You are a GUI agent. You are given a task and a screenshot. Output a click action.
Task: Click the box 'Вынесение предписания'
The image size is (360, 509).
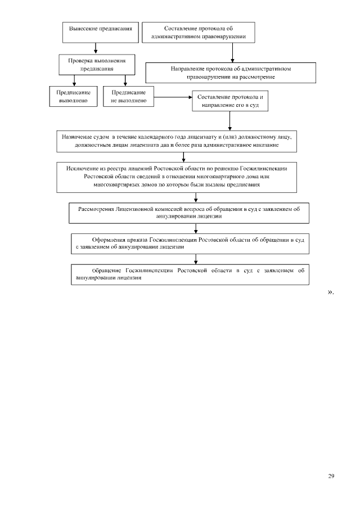click(x=101, y=31)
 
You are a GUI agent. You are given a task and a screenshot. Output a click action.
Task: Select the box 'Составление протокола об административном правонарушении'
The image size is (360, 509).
click(x=199, y=32)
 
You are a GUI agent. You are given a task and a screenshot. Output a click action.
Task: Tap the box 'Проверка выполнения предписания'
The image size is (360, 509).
click(x=97, y=64)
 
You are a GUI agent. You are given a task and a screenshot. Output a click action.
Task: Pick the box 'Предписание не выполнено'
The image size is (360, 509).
click(x=129, y=96)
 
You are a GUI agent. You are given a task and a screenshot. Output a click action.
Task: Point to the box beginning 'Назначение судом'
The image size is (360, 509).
click(x=176, y=141)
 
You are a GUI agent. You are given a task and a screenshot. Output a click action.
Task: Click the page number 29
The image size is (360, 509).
click(x=331, y=476)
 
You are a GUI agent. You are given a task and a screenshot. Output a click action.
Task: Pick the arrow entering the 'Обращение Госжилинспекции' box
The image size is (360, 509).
click(x=195, y=259)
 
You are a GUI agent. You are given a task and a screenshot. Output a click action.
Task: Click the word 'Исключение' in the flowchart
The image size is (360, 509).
click(x=80, y=168)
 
